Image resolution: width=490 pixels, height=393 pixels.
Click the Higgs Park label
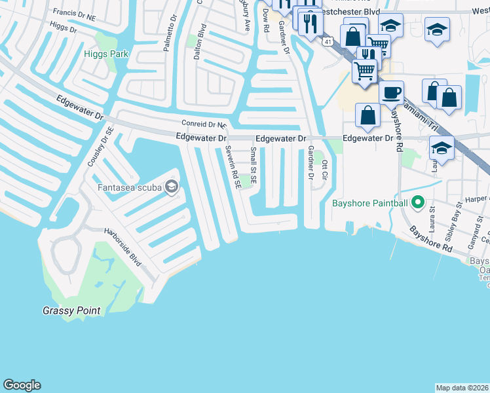pos(105,54)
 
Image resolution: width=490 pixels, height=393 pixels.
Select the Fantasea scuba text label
pos(130,188)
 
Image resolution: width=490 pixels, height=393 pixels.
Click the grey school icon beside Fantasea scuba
pos(172,188)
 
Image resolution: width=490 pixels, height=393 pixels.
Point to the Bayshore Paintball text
pos(373,204)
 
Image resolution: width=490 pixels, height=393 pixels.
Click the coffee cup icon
pos(391,92)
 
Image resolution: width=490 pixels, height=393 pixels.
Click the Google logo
pos(22,385)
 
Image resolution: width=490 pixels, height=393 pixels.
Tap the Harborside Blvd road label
pos(124,246)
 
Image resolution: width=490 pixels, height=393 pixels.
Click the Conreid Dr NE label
pos(204,124)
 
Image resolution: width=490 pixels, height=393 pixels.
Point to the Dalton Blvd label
pos(200,43)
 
